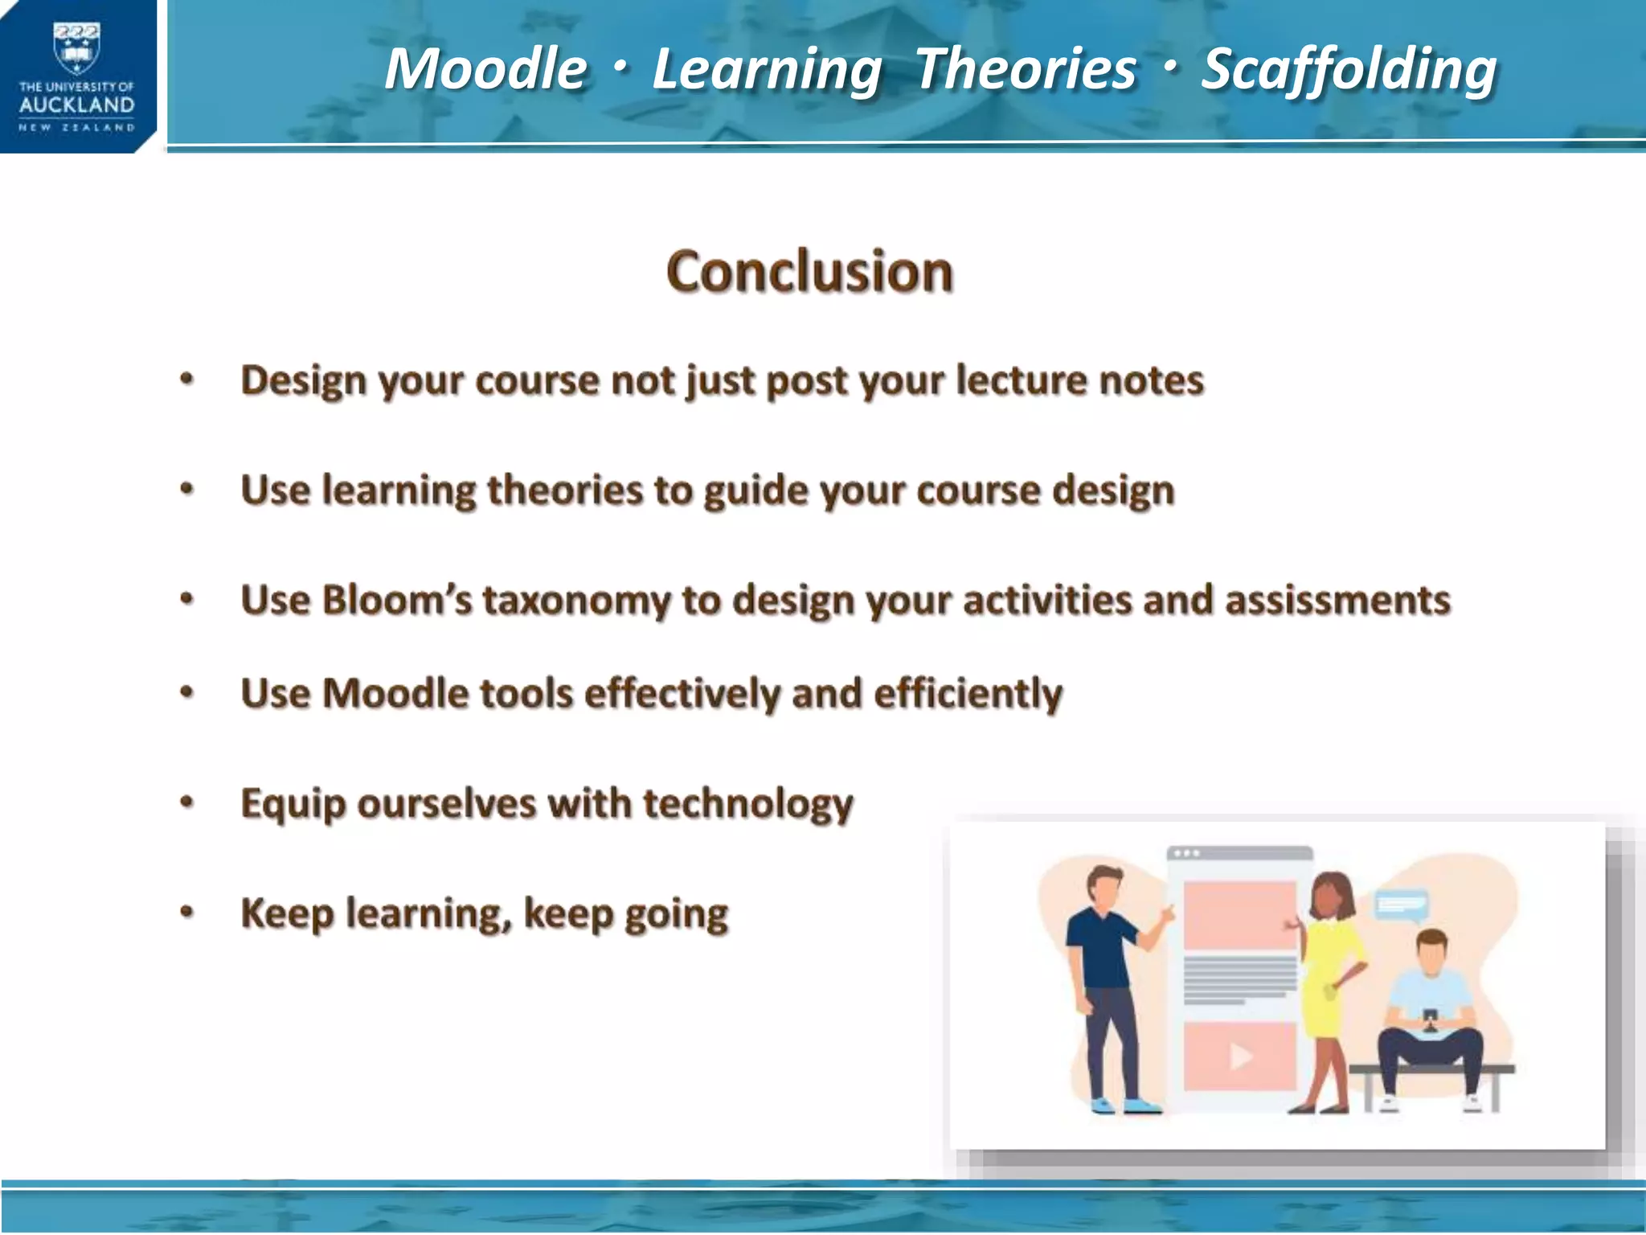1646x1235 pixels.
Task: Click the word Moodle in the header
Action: [485, 69]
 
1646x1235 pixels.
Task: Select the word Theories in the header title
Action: [1026, 69]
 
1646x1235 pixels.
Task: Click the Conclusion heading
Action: [809, 272]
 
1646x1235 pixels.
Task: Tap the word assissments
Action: [1337, 601]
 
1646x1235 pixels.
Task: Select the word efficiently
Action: [968, 694]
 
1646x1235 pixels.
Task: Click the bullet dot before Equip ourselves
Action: [187, 802]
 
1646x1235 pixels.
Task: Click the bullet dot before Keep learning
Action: [187, 913]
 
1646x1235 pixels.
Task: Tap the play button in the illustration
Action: [1240, 1057]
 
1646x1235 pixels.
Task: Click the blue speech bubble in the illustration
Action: [1401, 905]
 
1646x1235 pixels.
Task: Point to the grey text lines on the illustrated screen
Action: [1239, 979]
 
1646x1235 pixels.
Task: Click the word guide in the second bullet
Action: [753, 491]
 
